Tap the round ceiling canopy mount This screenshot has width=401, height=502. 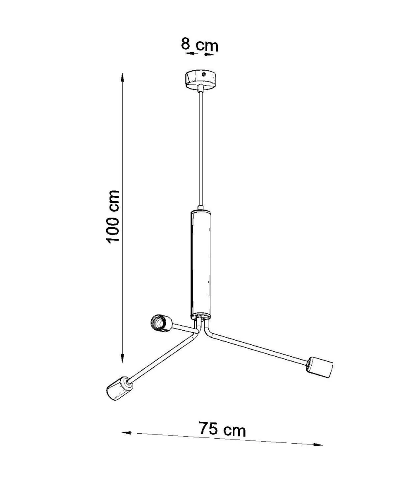[x=201, y=80]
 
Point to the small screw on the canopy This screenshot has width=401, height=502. [x=204, y=74]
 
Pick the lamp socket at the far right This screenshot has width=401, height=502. [x=320, y=370]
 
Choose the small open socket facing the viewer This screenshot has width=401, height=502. [x=161, y=323]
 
